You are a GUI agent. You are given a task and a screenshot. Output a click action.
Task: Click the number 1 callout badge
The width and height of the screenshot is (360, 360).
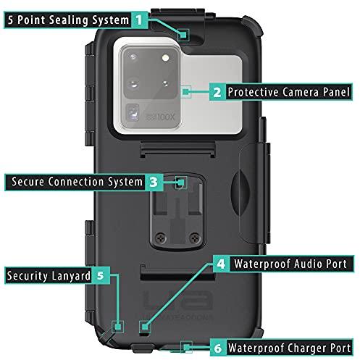click(x=140, y=20)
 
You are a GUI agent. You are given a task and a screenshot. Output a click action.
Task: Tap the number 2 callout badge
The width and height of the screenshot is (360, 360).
click(x=217, y=92)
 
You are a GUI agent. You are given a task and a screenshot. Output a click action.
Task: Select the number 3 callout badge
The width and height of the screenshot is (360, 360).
click(x=154, y=182)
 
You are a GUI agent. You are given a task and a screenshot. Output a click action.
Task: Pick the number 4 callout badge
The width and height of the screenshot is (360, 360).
click(x=221, y=264)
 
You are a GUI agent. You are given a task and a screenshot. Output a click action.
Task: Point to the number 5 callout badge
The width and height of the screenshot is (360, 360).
click(x=101, y=275)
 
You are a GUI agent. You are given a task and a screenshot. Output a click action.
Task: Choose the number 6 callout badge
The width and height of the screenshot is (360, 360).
click(x=218, y=348)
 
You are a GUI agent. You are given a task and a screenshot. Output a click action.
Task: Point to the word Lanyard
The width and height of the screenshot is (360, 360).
click(x=71, y=276)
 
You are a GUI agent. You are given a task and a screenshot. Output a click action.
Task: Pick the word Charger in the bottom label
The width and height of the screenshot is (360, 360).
click(x=308, y=348)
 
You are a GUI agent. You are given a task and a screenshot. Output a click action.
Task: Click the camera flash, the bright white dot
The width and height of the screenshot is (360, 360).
click(x=165, y=58)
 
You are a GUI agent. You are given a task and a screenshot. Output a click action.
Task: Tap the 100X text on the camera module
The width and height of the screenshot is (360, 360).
click(x=166, y=117)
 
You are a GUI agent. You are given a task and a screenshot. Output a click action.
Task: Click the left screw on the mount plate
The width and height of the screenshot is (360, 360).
click(x=161, y=238)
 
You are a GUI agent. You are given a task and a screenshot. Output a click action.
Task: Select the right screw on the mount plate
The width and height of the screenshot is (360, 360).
click(x=195, y=238)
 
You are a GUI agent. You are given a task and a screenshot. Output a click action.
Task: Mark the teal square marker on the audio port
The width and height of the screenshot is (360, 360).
click(x=145, y=327)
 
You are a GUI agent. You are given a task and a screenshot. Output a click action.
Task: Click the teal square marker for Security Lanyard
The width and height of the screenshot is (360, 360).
click(x=118, y=327)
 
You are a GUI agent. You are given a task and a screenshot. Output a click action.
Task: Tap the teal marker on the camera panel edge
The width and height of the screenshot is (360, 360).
click(x=185, y=92)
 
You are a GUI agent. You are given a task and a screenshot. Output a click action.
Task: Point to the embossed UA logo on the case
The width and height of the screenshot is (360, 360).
click(x=177, y=300)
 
